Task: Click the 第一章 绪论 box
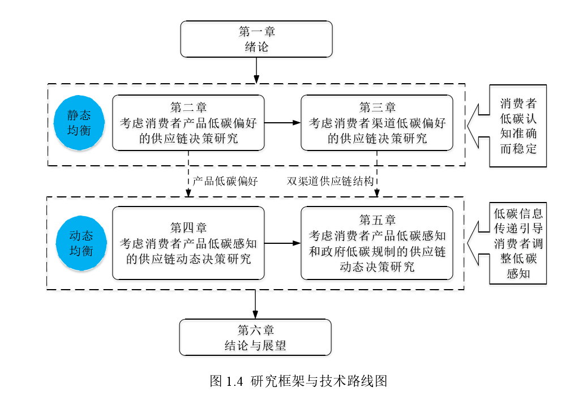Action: click(x=256, y=39)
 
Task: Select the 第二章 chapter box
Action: click(x=188, y=123)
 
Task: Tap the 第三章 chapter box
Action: click(x=376, y=123)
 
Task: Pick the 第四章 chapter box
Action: click(x=188, y=243)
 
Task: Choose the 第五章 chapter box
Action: click(x=376, y=243)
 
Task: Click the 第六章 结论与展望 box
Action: click(x=255, y=337)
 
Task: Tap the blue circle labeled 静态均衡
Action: click(x=79, y=123)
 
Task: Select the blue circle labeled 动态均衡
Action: click(x=82, y=243)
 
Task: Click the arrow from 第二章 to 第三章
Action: click(x=282, y=123)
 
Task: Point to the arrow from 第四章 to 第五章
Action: click(x=282, y=243)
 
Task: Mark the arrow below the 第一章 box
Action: click(x=256, y=71)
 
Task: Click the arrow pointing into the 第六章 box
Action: click(x=255, y=304)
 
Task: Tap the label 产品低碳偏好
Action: click(x=225, y=181)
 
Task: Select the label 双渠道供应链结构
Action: click(x=331, y=181)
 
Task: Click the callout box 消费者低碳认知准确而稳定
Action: click(x=518, y=126)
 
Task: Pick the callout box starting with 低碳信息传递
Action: click(x=518, y=243)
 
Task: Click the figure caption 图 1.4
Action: click(x=298, y=381)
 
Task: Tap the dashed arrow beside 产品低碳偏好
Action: click(x=188, y=174)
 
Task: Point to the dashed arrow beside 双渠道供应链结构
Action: click(x=376, y=174)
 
